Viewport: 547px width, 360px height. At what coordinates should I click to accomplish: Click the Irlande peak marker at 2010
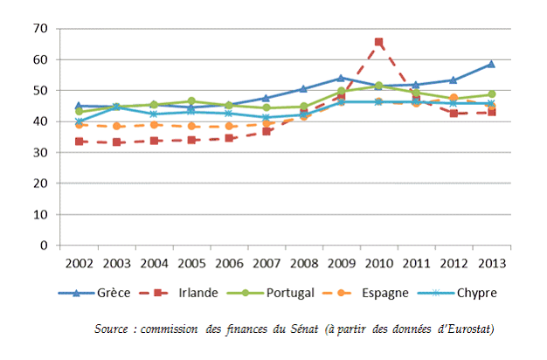(x=378, y=42)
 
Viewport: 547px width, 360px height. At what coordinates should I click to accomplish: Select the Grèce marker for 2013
(x=491, y=64)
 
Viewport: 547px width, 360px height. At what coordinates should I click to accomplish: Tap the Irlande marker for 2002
(x=80, y=141)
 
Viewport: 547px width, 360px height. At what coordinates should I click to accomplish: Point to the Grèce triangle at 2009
(x=341, y=78)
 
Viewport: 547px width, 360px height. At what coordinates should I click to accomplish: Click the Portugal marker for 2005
(x=191, y=101)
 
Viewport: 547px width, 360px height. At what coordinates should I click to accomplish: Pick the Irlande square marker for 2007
(x=267, y=131)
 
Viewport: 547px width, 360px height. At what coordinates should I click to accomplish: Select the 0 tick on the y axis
(x=42, y=246)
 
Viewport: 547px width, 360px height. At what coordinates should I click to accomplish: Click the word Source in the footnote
(x=112, y=329)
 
